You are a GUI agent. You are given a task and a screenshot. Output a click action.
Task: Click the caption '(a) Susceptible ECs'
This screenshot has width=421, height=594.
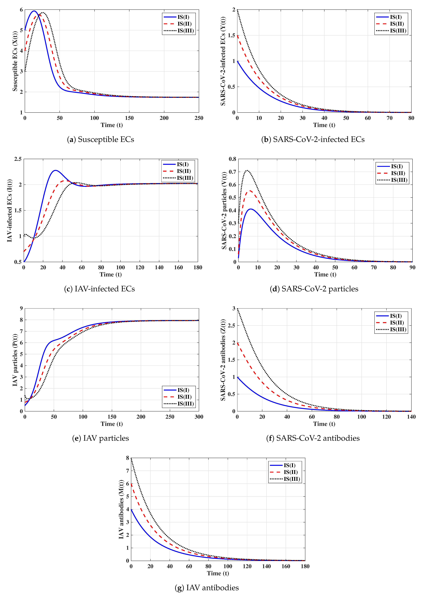tap(101, 139)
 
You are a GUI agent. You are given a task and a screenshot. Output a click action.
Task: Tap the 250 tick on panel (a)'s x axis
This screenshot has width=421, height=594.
tap(199, 118)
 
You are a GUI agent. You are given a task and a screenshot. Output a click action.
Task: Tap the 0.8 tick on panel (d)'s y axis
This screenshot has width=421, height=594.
tap(232, 159)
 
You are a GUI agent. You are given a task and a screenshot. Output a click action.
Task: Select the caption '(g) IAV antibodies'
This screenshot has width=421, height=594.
tap(207, 587)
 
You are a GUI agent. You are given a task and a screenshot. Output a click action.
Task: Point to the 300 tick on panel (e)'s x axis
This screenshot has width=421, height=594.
tap(199, 417)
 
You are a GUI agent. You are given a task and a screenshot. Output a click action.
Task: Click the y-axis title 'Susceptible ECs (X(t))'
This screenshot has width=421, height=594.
tap(15, 61)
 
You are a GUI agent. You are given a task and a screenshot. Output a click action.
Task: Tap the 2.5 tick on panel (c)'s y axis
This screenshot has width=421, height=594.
tap(18, 159)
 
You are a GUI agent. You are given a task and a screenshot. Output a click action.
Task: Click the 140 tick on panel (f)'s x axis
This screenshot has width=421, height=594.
tap(411, 417)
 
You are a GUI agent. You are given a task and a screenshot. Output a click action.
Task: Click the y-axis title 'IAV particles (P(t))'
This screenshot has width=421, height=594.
tap(15, 360)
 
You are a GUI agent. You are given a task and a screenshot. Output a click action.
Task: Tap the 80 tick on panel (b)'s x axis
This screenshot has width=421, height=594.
tap(411, 118)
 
